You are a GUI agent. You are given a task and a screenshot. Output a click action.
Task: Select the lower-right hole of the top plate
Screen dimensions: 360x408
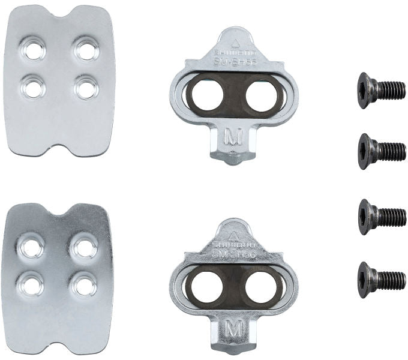(85, 88)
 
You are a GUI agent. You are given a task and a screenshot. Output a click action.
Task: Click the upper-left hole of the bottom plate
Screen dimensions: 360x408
(31, 245)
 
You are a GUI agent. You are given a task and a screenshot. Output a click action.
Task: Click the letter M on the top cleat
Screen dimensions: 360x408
(232, 137)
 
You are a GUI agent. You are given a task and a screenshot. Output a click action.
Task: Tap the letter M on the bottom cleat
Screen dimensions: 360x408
(233, 329)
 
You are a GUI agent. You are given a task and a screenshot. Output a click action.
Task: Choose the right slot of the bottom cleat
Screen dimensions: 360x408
(262, 284)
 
